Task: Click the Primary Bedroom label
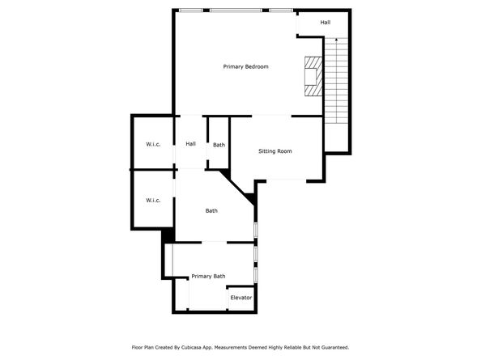245,66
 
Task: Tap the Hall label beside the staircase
325,23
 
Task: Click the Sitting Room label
275,150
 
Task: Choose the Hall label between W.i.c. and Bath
190,144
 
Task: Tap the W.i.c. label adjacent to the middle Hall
153,144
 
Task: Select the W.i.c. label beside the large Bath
153,200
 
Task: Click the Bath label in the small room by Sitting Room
219,145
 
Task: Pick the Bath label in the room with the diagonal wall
211,211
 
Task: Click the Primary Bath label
208,277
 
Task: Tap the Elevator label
241,298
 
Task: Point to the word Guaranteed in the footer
331,347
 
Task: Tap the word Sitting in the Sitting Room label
267,150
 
